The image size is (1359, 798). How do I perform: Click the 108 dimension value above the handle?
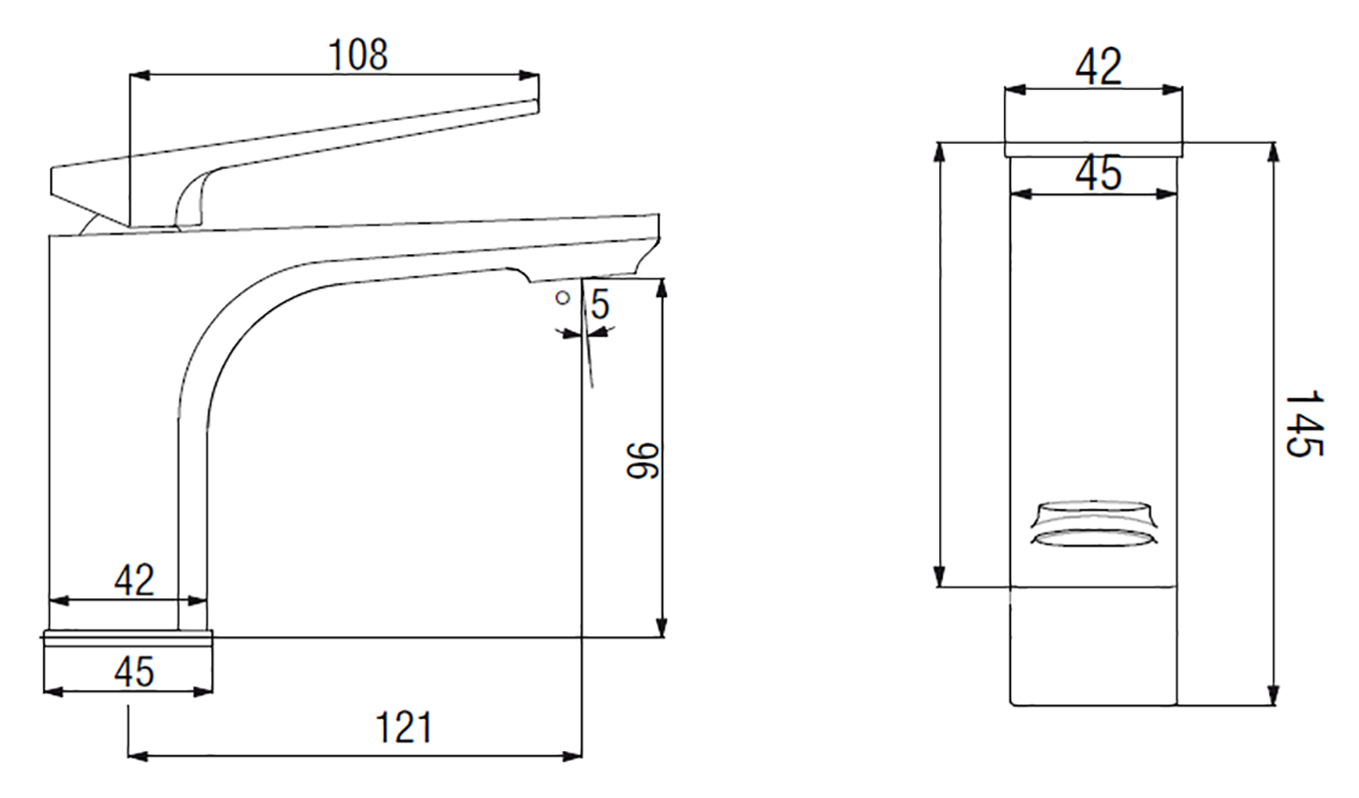(x=357, y=55)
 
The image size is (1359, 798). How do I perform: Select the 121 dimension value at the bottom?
(x=404, y=727)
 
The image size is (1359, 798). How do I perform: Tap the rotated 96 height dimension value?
(x=642, y=461)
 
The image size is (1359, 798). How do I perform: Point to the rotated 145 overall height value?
(x=1305, y=423)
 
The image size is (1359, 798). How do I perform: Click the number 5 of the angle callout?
(x=599, y=304)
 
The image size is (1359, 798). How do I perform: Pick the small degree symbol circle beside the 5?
(x=563, y=298)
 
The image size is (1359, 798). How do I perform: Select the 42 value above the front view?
(x=1098, y=67)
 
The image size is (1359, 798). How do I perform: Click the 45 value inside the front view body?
(x=1098, y=173)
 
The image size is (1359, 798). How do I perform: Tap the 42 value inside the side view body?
(x=134, y=581)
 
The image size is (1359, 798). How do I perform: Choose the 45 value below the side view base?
(x=134, y=671)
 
